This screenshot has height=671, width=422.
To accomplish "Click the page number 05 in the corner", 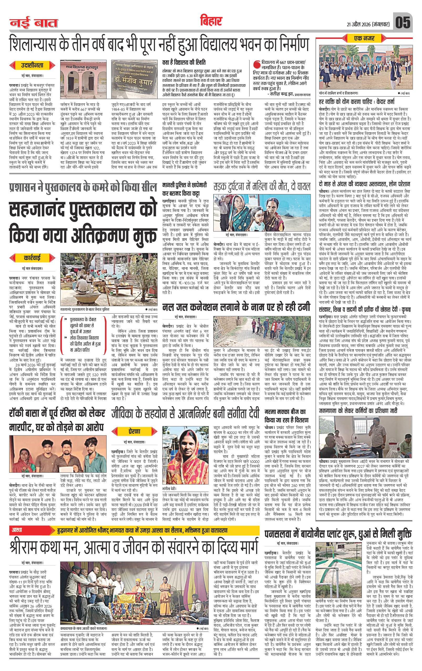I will tap(403, 22).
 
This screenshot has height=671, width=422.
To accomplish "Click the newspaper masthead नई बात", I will tap(34, 23).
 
